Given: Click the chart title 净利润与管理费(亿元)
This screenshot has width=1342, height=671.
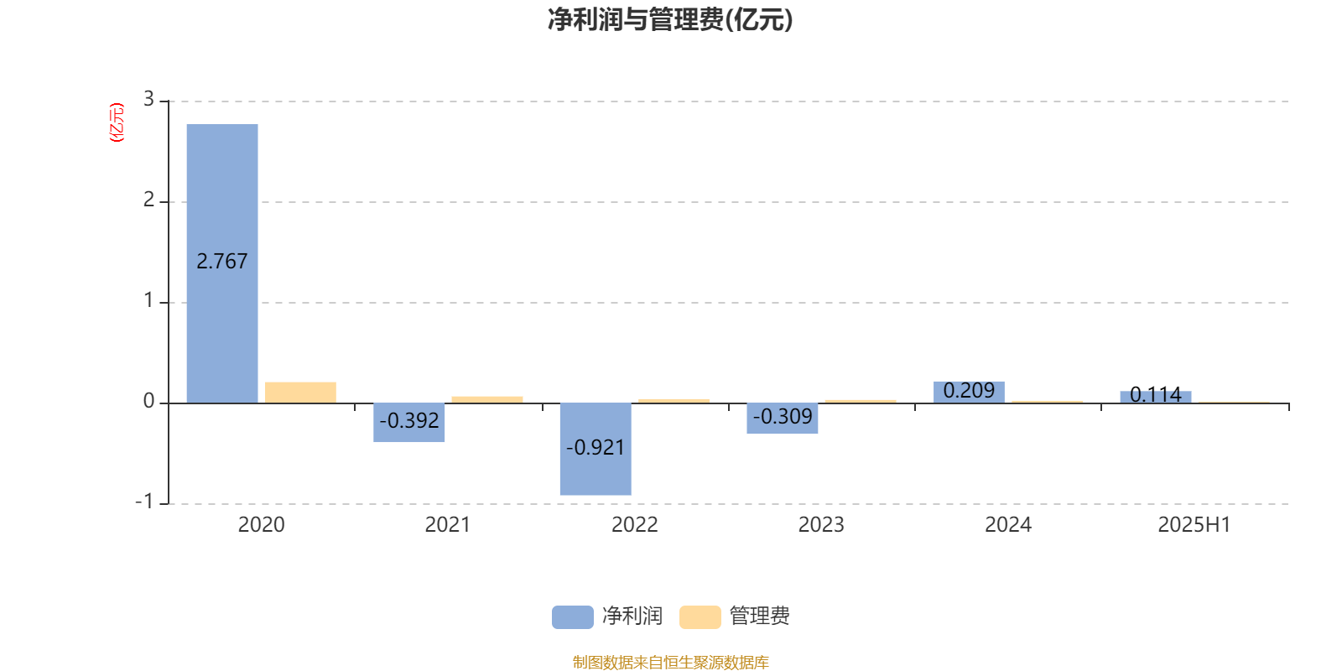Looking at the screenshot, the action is click(x=670, y=20).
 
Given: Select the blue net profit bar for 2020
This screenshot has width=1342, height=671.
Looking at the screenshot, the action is click(x=222, y=263).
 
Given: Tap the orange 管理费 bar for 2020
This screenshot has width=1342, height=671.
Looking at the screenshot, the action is click(x=301, y=393).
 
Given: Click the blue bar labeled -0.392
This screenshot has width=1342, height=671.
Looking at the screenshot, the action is click(x=409, y=423).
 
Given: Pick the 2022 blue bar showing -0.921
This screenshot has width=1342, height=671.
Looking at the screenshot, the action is click(x=596, y=449).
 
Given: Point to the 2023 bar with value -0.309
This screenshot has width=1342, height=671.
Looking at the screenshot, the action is click(x=783, y=419).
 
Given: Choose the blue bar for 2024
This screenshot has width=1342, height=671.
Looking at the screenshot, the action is click(x=970, y=393).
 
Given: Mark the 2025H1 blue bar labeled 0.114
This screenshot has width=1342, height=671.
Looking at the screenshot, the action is click(x=1156, y=398).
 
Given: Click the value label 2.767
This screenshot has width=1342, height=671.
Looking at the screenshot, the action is click(x=221, y=261).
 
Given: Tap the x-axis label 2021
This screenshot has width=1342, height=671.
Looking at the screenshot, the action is click(x=448, y=525).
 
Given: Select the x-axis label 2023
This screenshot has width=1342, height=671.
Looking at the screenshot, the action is click(x=821, y=525).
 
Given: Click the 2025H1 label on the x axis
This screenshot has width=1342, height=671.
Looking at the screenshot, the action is click(x=1194, y=525).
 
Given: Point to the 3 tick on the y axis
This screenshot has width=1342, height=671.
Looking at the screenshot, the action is click(x=148, y=99).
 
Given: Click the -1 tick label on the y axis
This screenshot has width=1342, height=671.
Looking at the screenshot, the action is click(x=143, y=502).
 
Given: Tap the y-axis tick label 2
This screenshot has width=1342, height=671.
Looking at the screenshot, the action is click(x=148, y=200).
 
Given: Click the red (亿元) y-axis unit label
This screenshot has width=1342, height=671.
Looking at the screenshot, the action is click(x=117, y=122).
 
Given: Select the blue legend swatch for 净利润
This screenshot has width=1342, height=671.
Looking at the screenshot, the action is click(x=573, y=617).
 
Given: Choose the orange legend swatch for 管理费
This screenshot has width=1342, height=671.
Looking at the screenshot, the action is click(x=700, y=617).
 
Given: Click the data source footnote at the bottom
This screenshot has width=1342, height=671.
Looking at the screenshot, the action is click(x=670, y=662).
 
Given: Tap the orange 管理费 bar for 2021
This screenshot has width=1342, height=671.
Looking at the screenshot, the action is click(x=487, y=399).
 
